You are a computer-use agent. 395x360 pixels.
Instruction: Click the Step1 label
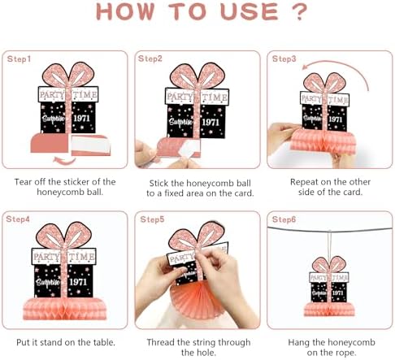19,59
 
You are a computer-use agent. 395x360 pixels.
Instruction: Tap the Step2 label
150,59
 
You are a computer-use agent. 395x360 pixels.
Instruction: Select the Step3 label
284,59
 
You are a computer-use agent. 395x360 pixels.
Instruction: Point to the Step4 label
18,219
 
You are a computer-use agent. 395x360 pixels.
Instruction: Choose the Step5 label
152,219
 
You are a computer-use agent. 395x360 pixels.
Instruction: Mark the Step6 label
284,219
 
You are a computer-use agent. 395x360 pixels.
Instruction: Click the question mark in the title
299,12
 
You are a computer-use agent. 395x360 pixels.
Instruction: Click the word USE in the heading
250,12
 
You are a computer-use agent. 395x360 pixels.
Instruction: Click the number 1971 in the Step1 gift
81,119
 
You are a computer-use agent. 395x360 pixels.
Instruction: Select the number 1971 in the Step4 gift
78,282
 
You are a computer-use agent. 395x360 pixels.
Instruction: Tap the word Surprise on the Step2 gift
180,122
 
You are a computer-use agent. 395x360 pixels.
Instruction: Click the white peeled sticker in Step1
91,145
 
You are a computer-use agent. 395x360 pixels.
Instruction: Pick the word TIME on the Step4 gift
81,256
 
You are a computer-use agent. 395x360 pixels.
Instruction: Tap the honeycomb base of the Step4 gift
64,308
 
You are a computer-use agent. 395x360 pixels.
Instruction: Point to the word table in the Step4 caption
104,342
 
